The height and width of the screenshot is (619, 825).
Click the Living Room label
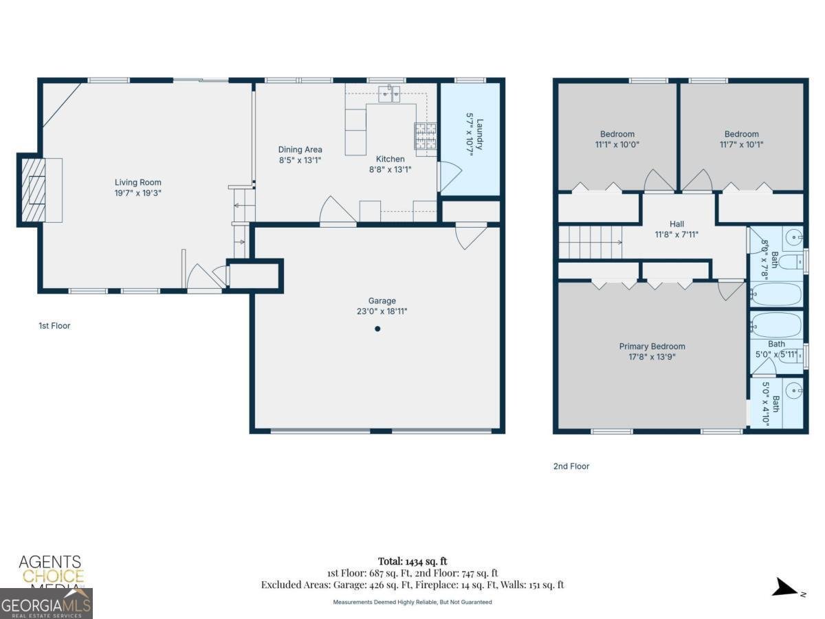[138, 182]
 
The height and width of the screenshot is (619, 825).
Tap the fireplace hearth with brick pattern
[33, 190]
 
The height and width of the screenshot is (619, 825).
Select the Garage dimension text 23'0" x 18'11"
[382, 311]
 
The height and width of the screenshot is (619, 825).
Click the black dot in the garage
[377, 329]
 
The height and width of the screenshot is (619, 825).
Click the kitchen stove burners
[425, 136]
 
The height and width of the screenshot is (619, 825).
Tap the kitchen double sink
[390, 94]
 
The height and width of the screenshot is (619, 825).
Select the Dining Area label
[300, 149]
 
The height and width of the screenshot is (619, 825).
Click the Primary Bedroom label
[652, 346]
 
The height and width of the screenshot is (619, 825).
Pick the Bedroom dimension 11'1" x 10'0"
[617, 144]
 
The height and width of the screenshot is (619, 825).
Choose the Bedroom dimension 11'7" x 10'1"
[741, 144]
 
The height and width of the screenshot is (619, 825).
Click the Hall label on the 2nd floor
[676, 224]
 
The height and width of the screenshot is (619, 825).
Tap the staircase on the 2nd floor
[590, 242]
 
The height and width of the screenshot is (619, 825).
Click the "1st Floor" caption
[54, 325]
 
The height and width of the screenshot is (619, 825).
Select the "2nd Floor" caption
[571, 466]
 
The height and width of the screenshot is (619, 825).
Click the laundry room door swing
[448, 177]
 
